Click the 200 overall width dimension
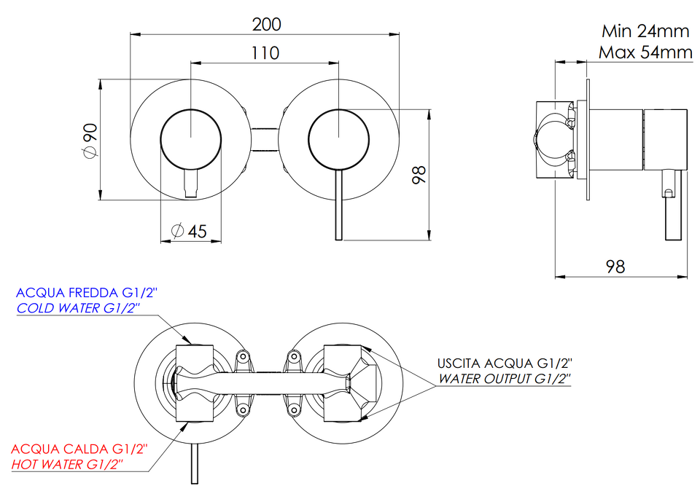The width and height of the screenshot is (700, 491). coord(267,24)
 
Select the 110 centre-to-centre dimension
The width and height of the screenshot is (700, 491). coord(265,53)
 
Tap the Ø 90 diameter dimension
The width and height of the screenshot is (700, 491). coord(90,141)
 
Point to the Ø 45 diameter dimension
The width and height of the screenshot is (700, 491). coord(190,231)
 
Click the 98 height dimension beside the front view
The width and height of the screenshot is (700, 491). coord(419,175)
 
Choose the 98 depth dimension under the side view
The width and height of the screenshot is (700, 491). coord(615,267)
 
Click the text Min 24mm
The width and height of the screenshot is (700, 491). coord(645,31)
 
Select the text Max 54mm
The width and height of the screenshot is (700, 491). coord(645,52)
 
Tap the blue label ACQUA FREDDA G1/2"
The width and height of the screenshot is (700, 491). coord(87,293)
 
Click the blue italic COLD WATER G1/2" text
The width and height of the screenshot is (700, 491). coord(78,308)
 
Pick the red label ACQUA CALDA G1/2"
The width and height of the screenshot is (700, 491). coord(79,449)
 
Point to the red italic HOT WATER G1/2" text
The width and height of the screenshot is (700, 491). coord(66,464)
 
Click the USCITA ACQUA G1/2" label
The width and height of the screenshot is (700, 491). coord(505,363)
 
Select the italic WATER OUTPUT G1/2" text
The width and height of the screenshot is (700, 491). coord(505,379)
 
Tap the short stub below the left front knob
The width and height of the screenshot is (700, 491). coord(190,184)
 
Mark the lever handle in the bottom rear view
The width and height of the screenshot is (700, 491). coord(194,464)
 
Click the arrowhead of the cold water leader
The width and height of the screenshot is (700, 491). coord(187,339)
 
